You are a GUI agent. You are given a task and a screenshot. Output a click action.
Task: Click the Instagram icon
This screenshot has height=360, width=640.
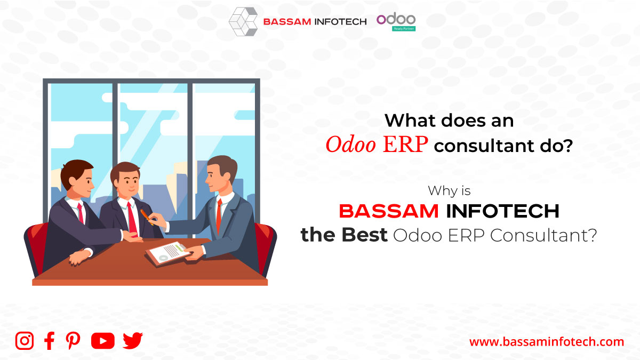[25, 341]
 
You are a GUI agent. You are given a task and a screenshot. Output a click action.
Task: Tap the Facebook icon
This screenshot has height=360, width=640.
[49, 341]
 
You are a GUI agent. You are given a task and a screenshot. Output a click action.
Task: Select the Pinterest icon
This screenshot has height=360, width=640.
[73, 341]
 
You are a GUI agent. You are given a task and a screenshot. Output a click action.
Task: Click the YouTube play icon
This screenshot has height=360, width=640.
[103, 341]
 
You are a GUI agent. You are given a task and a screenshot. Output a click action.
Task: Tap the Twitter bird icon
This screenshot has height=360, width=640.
[133, 341]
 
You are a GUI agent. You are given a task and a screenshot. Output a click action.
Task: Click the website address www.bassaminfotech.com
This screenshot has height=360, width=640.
[547, 342]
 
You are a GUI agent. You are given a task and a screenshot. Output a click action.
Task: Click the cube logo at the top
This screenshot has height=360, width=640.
[243, 22]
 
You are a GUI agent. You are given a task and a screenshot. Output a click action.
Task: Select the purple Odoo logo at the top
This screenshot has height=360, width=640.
[396, 19]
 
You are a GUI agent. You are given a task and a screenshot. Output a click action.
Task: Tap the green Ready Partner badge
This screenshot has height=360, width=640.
[404, 29]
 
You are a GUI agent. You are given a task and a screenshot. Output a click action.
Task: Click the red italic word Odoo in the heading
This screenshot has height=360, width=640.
[350, 145]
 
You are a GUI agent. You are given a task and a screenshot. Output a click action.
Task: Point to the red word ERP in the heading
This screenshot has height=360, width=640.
[405, 145]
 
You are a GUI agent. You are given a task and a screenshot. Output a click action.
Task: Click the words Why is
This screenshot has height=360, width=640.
[449, 190]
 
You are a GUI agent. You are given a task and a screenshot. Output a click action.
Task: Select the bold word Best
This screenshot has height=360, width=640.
[365, 235]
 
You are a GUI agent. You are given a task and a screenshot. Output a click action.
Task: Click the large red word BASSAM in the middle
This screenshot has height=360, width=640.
[389, 211]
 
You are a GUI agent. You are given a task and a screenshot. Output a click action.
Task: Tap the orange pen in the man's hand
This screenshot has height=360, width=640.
[147, 216]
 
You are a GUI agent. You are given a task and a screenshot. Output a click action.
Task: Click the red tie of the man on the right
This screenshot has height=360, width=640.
[219, 215]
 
